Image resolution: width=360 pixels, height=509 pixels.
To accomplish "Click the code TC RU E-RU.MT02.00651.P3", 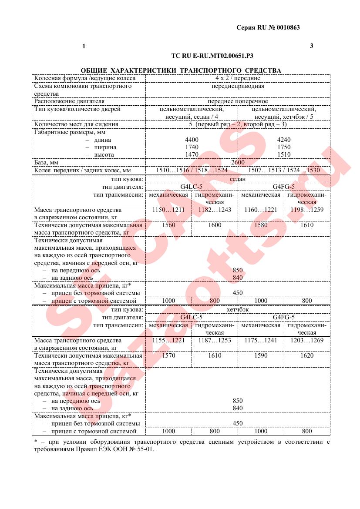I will [212, 56].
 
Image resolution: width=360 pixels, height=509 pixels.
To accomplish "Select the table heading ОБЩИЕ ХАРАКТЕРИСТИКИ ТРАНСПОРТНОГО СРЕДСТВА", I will [181, 70].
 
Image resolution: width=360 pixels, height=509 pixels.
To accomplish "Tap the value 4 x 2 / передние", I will [237, 78].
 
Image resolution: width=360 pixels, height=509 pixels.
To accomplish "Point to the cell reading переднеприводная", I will [237, 86].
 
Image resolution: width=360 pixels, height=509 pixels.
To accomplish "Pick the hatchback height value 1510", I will [283, 154].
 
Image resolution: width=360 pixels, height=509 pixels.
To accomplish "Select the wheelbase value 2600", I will [238, 162].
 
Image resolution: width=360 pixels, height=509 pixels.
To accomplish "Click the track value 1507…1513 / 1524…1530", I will [283, 170].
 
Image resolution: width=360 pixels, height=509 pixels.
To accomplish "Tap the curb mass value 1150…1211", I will [168, 210].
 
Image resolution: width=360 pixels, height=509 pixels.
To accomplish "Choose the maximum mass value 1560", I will [168, 225].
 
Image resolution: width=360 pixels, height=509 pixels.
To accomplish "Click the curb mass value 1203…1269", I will [306, 341].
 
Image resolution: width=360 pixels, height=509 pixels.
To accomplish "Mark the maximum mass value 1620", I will [306, 356].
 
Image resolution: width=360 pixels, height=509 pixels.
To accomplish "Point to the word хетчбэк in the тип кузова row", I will [237, 310].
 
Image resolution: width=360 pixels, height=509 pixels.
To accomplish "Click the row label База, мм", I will [46, 162].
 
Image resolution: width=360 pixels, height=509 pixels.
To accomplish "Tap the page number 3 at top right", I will [311, 46].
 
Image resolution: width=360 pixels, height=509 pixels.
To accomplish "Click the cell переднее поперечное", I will [237, 101].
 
